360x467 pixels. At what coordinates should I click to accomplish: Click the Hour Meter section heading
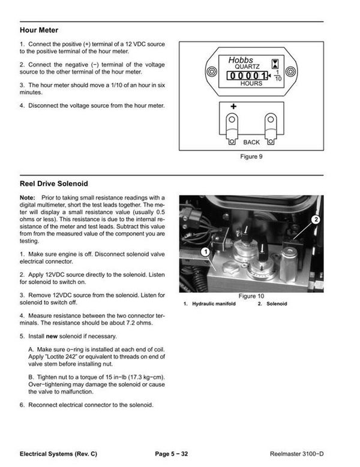[x=39, y=30]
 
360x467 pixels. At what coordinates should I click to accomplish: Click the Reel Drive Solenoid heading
[x=53, y=183]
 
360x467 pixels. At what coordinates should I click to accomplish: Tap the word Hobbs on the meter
[x=241, y=60]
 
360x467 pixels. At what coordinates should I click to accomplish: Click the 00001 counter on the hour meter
[x=247, y=76]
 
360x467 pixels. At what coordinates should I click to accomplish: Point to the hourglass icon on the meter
[x=275, y=64]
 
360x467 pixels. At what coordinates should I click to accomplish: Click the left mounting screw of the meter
[x=212, y=71]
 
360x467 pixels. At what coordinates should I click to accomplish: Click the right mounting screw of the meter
[x=290, y=71]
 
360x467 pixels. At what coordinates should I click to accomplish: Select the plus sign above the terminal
[x=233, y=106]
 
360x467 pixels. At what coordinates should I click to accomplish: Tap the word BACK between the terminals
[x=251, y=142]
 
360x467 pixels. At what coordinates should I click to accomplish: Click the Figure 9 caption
[x=251, y=156]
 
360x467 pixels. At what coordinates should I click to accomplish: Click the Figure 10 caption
[x=251, y=296]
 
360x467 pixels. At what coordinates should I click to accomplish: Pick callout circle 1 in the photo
[x=205, y=252]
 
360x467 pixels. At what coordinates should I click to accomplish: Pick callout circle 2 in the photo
[x=316, y=220]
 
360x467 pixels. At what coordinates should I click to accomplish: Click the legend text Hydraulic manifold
[x=214, y=304]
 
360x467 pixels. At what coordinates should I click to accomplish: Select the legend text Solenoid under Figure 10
[x=277, y=304]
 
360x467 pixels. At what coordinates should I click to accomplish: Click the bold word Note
[x=27, y=198]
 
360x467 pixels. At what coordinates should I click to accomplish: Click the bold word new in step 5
[x=52, y=336]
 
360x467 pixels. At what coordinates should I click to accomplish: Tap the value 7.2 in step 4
[x=130, y=323]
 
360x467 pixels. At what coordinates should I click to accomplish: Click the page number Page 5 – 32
[x=172, y=454]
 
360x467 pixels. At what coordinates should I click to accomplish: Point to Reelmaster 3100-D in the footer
[x=296, y=454]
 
